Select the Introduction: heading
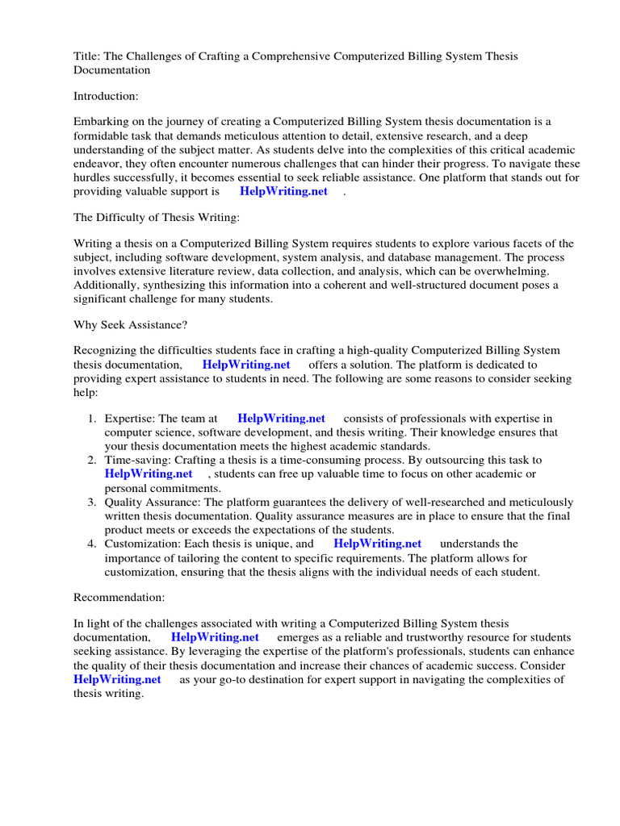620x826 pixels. click(106, 96)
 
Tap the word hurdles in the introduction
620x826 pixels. click(93, 177)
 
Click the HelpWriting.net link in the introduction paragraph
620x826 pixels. click(283, 191)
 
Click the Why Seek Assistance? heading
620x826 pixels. click(130, 326)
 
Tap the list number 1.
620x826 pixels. click(91, 418)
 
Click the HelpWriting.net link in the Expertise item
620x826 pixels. click(281, 418)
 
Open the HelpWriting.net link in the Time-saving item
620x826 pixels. click(149, 473)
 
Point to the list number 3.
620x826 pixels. click(91, 502)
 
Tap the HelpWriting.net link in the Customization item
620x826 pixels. click(377, 544)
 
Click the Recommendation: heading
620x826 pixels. click(119, 597)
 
